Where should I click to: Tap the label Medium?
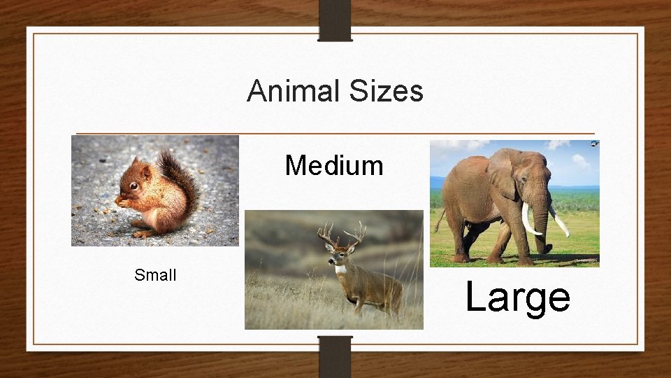334,166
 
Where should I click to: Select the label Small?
155,275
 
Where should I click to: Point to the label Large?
517,297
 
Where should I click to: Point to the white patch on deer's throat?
340,269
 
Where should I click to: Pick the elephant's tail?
439,221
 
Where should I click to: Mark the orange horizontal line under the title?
335,133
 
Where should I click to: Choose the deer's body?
374,288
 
